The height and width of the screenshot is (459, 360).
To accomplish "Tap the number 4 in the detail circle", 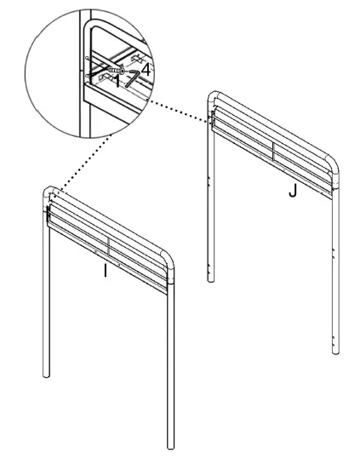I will point(146,71).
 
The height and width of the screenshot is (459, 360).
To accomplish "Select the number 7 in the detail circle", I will point(132,80).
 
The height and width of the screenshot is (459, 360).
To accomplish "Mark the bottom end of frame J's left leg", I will point(209,278).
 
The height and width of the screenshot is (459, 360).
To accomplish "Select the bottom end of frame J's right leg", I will point(333,348).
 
